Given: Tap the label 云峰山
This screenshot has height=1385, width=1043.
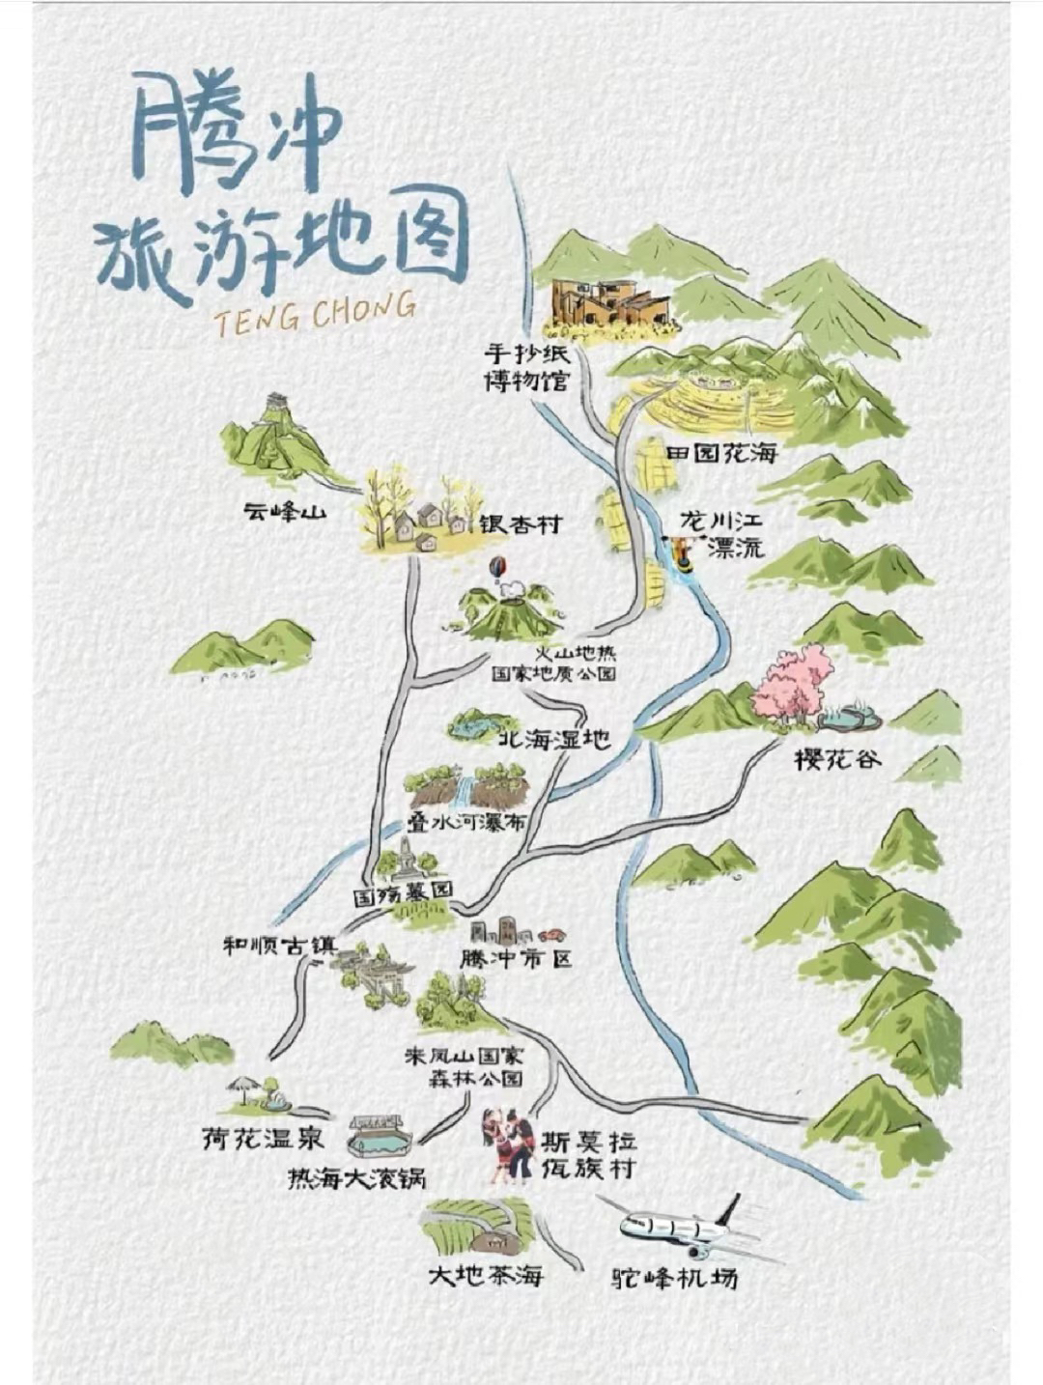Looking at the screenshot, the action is [x=285, y=513].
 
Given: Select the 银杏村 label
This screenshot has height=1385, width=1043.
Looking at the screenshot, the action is [x=521, y=525].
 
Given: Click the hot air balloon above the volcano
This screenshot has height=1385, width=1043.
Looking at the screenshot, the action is [x=496, y=568].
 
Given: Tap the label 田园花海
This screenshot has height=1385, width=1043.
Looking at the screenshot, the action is [x=721, y=453].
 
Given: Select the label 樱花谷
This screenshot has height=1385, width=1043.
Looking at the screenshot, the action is [x=838, y=759].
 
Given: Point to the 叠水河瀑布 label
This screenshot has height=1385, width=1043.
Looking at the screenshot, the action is [x=466, y=824].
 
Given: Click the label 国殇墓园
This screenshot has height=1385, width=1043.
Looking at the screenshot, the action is [x=403, y=894].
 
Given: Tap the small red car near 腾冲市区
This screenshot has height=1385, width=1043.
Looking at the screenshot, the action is [x=551, y=935].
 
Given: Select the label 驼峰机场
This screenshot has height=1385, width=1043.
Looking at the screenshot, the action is [x=676, y=1278].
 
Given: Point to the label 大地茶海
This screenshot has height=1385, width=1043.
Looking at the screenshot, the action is [x=486, y=1275].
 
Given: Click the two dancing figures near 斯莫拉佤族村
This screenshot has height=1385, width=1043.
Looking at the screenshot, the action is [x=509, y=1146].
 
